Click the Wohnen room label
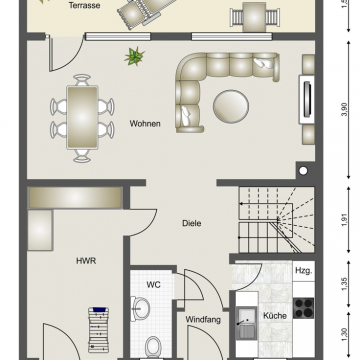click(145, 124)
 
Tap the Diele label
click(192, 223)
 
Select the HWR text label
click(86, 261)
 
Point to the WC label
click(154, 285)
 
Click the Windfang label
click(203, 320)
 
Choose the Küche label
click(275, 316)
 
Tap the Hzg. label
click(304, 271)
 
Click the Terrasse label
click(84, 6)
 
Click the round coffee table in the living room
click(231, 107)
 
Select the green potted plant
click(134, 56)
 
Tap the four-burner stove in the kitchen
click(303, 308)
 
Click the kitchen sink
click(246, 323)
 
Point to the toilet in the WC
click(154, 347)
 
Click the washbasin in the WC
click(140, 309)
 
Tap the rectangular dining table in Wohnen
click(82, 117)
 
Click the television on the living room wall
click(307, 99)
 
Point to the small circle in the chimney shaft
click(303, 171)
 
